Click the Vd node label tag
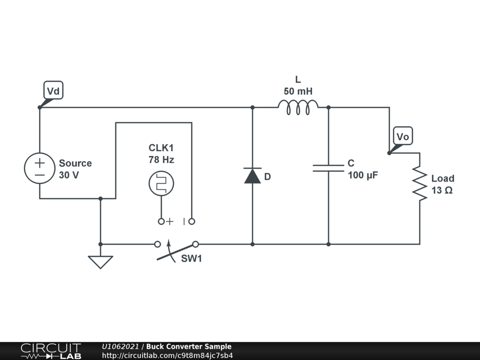(x=53, y=90)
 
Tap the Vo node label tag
(x=403, y=136)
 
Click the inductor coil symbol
(x=298, y=107)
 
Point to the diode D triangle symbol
(x=252, y=176)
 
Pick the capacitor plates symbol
(x=328, y=168)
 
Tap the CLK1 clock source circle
(x=161, y=183)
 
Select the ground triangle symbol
(x=100, y=262)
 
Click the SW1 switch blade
(x=176, y=252)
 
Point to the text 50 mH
(x=298, y=91)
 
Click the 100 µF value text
(x=363, y=176)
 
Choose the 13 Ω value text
(x=442, y=191)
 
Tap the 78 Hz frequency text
(x=161, y=160)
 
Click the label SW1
(x=192, y=259)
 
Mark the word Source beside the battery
(x=75, y=164)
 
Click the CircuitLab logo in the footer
(x=51, y=351)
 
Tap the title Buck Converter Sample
(x=188, y=347)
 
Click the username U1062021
(x=120, y=347)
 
